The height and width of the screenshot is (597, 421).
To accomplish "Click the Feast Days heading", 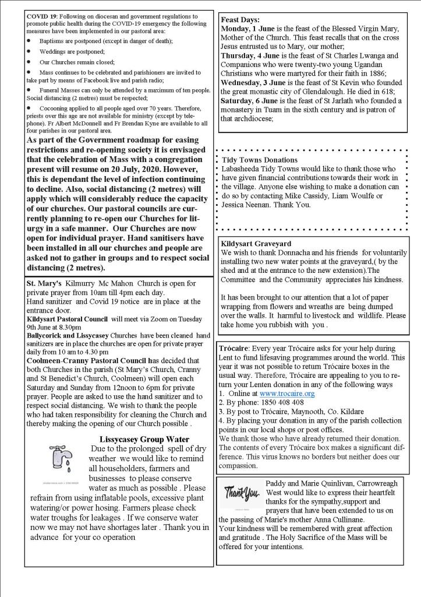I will pyautogui.click(x=240, y=20).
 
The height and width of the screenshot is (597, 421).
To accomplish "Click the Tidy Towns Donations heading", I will pyautogui.click(x=260, y=160).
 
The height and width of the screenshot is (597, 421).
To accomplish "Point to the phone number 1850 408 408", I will pyautogui.click(x=282, y=402).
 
